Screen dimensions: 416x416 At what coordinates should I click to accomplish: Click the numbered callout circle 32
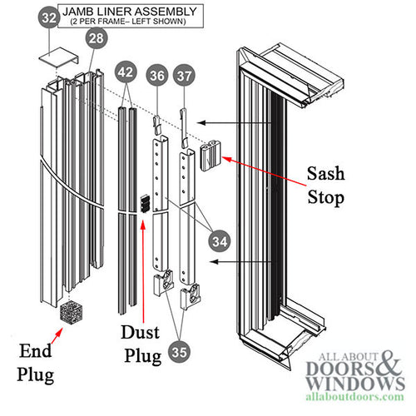[x=49, y=16]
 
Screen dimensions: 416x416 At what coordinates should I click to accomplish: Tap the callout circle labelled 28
[x=96, y=38]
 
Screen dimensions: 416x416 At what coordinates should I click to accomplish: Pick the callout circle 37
[x=185, y=77]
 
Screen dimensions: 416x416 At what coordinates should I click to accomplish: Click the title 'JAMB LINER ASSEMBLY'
[x=132, y=12]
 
